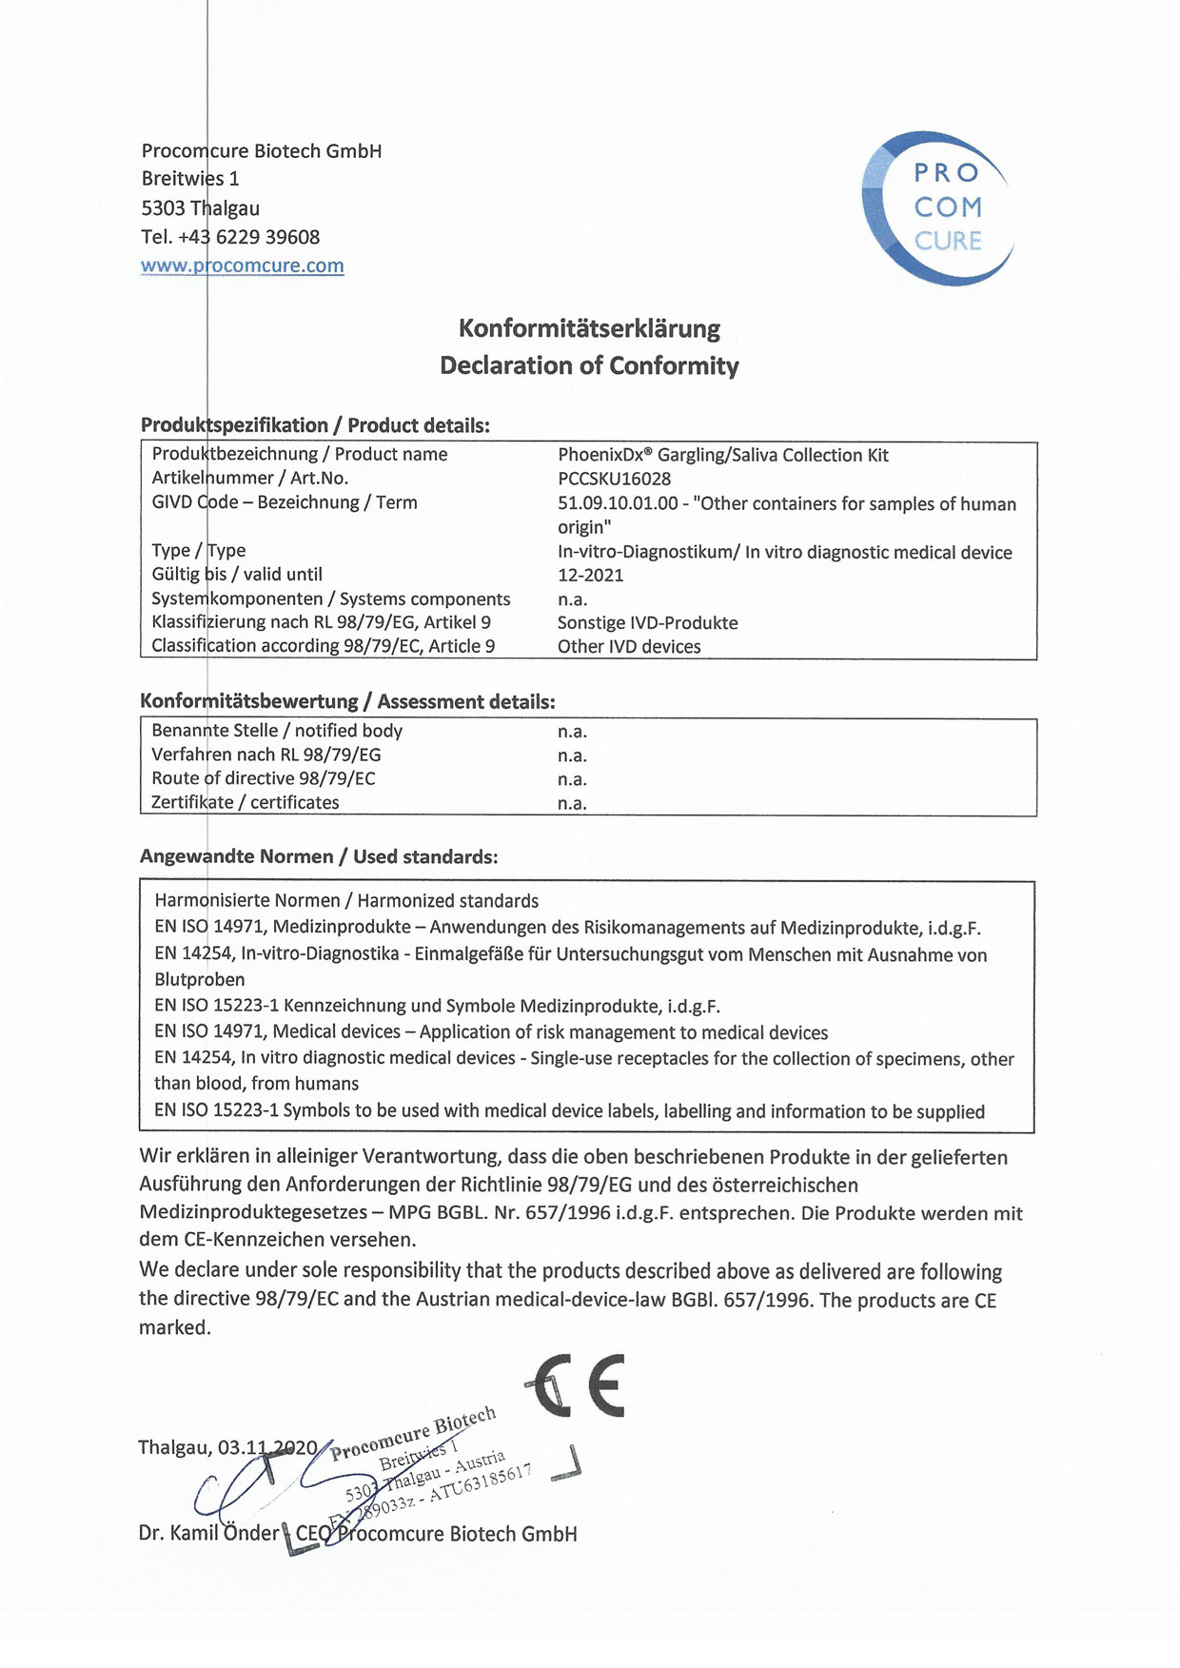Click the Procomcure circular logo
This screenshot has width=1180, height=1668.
pyautogui.click(x=937, y=208)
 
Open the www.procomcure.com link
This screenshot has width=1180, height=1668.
pyautogui.click(x=243, y=266)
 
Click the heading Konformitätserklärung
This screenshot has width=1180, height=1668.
pyautogui.click(x=589, y=329)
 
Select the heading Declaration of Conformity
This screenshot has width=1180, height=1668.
pyautogui.click(x=589, y=366)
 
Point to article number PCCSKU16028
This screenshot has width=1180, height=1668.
pyautogui.click(x=614, y=479)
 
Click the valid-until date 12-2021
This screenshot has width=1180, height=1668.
pyautogui.click(x=590, y=575)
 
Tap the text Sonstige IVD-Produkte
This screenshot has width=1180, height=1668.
pyautogui.click(x=647, y=623)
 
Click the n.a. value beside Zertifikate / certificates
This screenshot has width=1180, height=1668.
pyautogui.click(x=572, y=803)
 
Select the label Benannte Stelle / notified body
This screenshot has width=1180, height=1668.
pyautogui.click(x=277, y=731)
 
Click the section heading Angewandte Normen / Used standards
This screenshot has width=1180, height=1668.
pyautogui.click(x=319, y=856)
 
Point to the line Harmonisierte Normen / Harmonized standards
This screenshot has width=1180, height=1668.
pyautogui.click(x=346, y=900)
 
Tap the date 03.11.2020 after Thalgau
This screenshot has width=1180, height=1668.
pyautogui.click(x=267, y=1447)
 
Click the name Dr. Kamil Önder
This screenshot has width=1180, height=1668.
pyautogui.click(x=209, y=1534)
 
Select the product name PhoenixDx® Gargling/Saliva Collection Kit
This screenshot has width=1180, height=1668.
pyautogui.click(x=723, y=455)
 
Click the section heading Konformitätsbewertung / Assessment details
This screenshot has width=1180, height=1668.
pyautogui.click(x=347, y=702)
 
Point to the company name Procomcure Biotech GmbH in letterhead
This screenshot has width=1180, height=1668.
pyautogui.click(x=262, y=150)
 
